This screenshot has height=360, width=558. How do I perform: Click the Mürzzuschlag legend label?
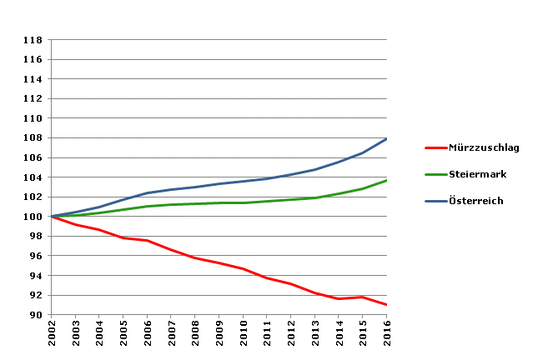pos(484,147)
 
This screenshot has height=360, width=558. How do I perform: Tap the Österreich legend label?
pos(477,201)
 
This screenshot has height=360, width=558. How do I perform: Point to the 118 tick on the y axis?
pos(33,40)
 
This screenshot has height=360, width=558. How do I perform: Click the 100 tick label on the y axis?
pos(33,217)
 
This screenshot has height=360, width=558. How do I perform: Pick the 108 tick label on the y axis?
pos(33,138)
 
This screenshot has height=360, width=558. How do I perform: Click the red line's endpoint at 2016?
pos(387,305)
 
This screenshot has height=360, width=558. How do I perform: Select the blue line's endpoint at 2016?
pos(387,138)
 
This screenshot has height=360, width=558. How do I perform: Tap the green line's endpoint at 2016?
pos(387,180)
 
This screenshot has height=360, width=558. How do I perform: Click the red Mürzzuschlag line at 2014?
pos(339,298)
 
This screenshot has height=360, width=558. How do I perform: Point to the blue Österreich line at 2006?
pos(148,193)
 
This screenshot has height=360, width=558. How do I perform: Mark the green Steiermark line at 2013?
pos(315,197)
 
